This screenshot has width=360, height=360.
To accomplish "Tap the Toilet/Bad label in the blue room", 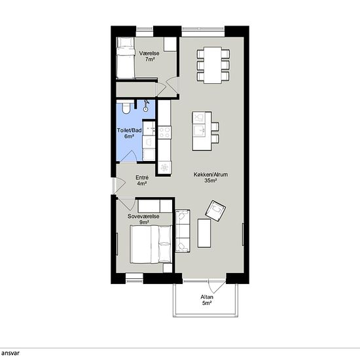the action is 129,130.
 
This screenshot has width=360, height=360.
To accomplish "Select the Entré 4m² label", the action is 142,181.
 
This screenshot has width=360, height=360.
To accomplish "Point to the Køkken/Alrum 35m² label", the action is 211,177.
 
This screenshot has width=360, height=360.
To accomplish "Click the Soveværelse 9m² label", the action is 143,219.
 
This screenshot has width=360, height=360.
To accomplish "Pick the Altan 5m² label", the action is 207,300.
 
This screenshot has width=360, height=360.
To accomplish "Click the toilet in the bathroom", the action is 126,108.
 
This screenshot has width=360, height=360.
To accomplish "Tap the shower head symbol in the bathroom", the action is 146,106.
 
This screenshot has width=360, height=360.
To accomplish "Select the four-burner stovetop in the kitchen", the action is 164,132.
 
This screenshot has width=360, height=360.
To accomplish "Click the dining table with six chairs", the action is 213,65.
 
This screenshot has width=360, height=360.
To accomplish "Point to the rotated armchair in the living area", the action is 215,211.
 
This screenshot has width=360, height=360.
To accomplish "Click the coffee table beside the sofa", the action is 204,233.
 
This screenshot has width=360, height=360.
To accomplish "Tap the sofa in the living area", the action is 183,231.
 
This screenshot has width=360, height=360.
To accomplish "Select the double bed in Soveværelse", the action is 151,244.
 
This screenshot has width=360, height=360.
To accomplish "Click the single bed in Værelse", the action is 126,58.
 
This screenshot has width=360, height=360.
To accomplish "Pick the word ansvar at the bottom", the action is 10,353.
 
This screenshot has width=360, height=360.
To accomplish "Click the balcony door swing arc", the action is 217,286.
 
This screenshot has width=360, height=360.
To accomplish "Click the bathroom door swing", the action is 128,156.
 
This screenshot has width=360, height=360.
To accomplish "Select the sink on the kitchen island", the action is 199,131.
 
